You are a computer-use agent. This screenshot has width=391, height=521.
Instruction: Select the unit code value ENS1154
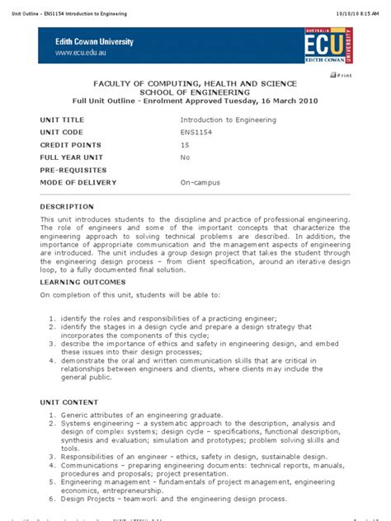pyautogui.click(x=198, y=132)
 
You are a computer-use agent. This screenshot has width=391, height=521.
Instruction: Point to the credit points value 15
pyautogui.click(x=185, y=144)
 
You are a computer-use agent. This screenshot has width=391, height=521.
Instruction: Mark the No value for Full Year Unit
pyautogui.click(x=185, y=157)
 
